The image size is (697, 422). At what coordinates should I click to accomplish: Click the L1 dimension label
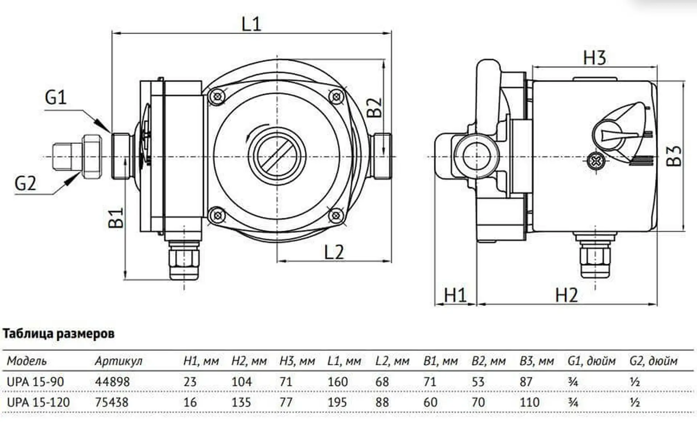tap(251, 24)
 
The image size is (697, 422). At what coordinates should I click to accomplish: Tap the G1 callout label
tap(56, 97)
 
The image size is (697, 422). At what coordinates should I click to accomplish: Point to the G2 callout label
tap(25, 183)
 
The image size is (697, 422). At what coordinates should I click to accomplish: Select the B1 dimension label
tap(116, 217)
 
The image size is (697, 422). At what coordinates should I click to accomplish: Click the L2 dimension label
tap(334, 252)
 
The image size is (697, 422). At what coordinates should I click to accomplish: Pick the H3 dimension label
tap(594, 58)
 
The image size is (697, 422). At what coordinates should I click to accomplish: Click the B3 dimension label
tap(674, 156)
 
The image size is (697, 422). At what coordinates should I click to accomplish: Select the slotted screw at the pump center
tap(277, 157)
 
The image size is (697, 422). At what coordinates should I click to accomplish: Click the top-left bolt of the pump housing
tap(217, 97)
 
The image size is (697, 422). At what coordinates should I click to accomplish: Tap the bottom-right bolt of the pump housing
tap(336, 216)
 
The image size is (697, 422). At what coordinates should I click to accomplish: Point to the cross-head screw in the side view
tap(596, 161)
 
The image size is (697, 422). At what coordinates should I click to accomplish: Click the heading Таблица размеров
tap(58, 333)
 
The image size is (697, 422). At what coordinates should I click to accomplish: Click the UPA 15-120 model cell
tap(38, 402)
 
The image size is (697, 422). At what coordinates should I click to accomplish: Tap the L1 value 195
tap(337, 402)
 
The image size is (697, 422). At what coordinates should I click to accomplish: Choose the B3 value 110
tap(529, 402)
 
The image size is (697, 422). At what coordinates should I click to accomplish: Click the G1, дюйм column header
tap(591, 361)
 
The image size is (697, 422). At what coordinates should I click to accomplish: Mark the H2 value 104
tap(241, 382)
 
